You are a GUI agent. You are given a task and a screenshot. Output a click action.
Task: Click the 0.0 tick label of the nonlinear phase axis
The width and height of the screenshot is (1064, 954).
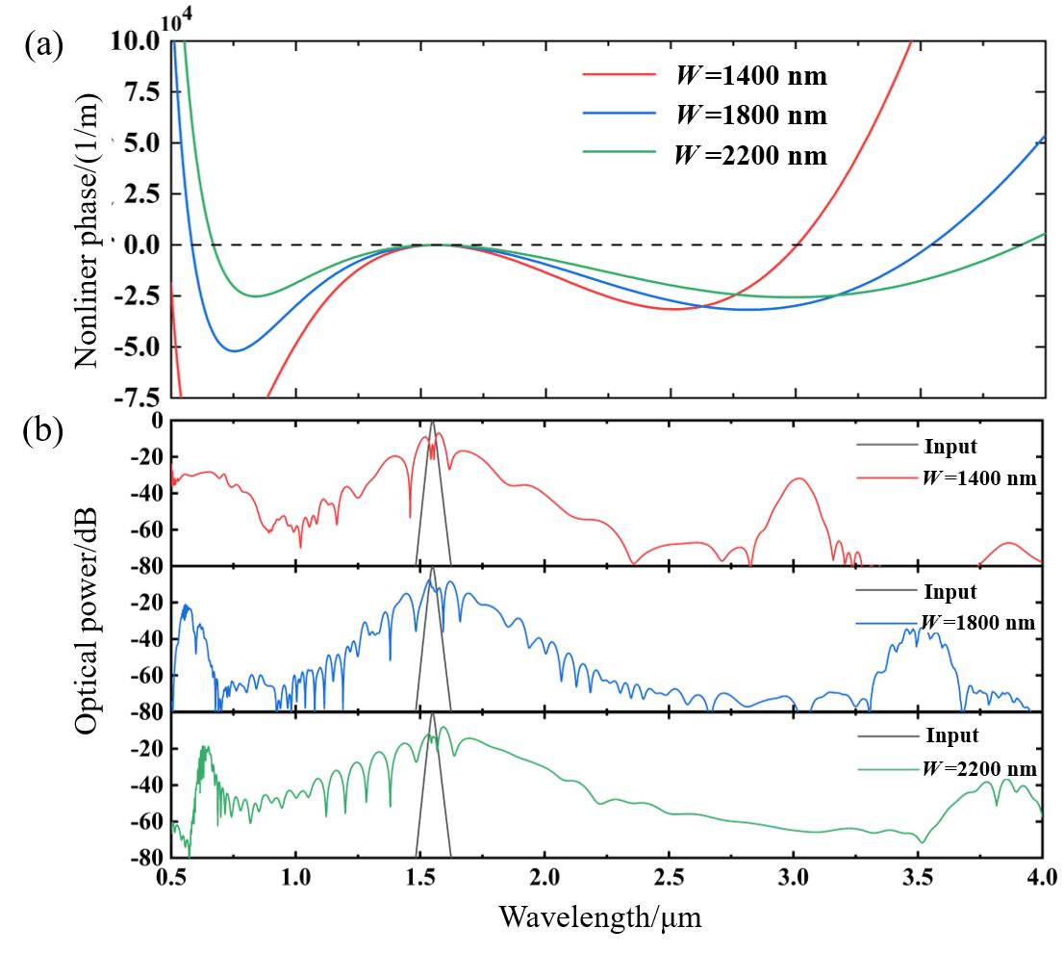[x=140, y=245]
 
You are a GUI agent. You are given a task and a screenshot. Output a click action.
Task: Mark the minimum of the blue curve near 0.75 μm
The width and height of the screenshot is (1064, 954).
[x=234, y=350]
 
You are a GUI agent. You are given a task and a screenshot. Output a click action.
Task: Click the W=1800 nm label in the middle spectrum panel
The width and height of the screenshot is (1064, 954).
[x=977, y=623]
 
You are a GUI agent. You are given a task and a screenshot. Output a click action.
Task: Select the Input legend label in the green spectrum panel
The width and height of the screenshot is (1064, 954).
[x=951, y=736]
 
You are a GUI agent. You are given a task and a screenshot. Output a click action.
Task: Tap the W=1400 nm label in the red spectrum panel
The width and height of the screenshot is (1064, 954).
[x=977, y=478]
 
